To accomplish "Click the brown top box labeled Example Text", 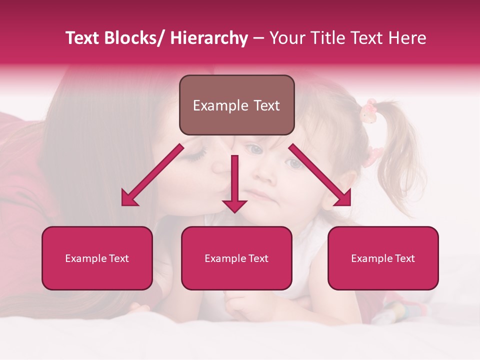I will (x=236, y=105).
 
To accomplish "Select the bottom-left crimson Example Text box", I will (x=97, y=258).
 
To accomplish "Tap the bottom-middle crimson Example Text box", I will (x=236, y=258).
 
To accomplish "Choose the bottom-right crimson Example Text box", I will (x=383, y=258).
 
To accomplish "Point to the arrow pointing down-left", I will (x=152, y=175).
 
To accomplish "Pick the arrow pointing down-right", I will (x=320, y=175).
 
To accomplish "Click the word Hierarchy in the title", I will (x=208, y=38).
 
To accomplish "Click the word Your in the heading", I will (x=285, y=38).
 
